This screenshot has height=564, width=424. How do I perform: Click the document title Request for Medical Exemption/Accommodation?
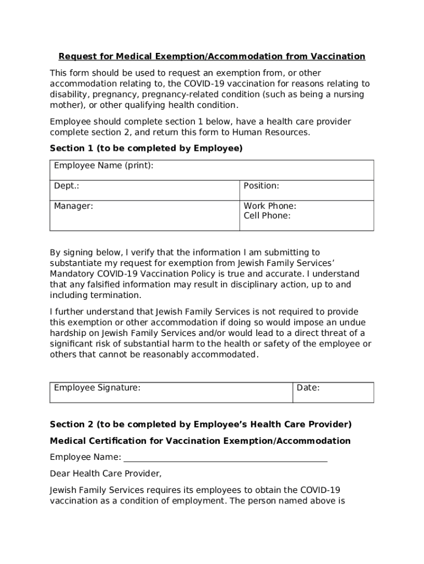(212, 57)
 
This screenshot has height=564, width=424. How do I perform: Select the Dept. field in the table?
(144, 190)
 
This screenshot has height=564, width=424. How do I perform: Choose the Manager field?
(144, 215)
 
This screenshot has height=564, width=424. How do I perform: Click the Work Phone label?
(270, 206)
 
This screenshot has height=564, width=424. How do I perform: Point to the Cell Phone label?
(267, 216)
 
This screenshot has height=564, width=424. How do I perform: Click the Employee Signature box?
(171, 392)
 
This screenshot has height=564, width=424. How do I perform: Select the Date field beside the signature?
(333, 392)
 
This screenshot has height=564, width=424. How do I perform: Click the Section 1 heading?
(146, 148)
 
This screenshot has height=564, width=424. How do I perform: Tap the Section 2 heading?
(200, 424)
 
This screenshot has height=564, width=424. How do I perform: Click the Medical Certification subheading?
(200, 441)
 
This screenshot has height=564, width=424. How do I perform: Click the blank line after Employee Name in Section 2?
(225, 458)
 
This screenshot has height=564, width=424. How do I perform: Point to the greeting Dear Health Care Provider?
(106, 473)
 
